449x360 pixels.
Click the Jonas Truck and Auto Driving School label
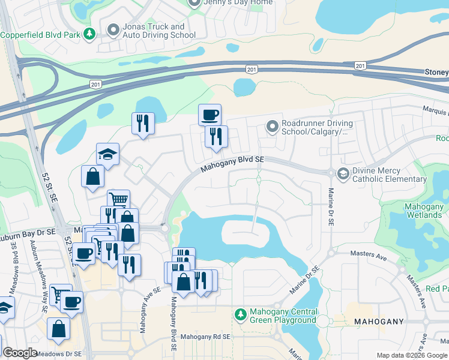tap(152, 31)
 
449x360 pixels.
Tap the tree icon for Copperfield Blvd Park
tap(89, 34)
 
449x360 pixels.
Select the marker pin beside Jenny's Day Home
tap(194, 3)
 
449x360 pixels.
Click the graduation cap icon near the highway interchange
tap(108, 155)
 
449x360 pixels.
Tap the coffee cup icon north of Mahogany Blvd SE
tap(209, 114)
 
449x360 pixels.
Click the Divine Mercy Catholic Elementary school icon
tap(343, 174)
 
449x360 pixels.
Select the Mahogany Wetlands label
tap(423, 212)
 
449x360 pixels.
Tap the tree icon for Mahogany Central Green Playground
tap(241, 314)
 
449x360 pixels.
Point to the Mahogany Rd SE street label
tap(205, 337)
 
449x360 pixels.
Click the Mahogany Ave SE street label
tap(143, 310)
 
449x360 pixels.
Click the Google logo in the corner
tap(20, 353)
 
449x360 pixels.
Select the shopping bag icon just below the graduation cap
tap(93, 176)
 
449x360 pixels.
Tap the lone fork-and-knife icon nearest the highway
tap(143, 123)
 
